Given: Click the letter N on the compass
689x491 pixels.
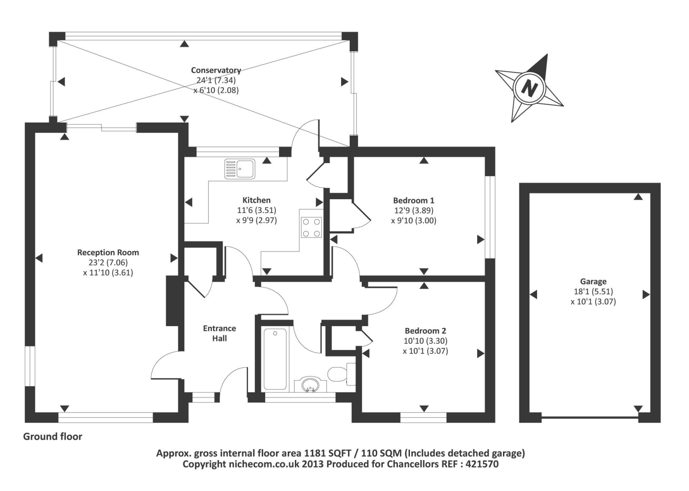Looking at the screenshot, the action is pos(529,89).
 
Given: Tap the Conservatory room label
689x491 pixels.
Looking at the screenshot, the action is pos(216,70).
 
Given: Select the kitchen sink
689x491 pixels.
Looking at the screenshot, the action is pos(239,169).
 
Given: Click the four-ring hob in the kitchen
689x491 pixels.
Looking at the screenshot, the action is pos(311,228).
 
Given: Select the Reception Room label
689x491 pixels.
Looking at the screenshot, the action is pos(108,253).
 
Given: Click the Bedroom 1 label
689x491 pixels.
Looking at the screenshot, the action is pos(413,201).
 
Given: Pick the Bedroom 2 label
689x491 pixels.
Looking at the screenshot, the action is pos(425,331).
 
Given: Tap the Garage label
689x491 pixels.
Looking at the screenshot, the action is pos(593,281).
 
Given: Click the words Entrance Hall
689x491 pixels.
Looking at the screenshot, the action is pos(220,334).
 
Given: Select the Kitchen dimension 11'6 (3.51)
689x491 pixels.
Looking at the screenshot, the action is pos(257,210).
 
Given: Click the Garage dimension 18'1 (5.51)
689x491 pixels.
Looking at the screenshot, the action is pos(593,292).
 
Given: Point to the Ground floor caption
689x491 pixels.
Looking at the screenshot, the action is pos(53,437).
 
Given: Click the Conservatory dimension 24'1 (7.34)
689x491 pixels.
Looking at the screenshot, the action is pos(216,80).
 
